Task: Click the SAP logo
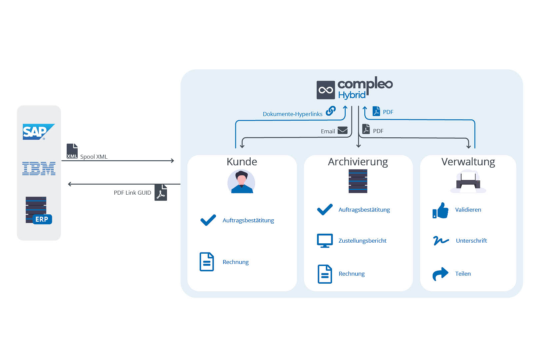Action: click(39, 132)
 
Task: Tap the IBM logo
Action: click(39, 169)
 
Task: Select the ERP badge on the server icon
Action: click(42, 219)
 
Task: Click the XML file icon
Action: click(72, 151)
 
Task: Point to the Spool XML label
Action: click(94, 157)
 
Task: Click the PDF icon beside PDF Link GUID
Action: click(161, 192)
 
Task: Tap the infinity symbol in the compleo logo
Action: click(326, 90)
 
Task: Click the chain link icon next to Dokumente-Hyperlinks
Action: click(331, 111)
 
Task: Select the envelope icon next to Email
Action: click(343, 130)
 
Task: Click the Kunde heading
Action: click(242, 162)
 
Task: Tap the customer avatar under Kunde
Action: click(241, 182)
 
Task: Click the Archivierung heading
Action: click(358, 162)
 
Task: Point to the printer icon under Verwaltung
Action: click(468, 181)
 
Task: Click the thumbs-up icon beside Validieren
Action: click(440, 210)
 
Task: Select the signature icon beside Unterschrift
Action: click(441, 240)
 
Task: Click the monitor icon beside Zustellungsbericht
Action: click(325, 241)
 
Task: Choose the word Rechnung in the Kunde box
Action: click(236, 262)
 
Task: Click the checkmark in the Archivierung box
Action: click(325, 209)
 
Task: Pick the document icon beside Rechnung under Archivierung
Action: click(325, 274)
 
